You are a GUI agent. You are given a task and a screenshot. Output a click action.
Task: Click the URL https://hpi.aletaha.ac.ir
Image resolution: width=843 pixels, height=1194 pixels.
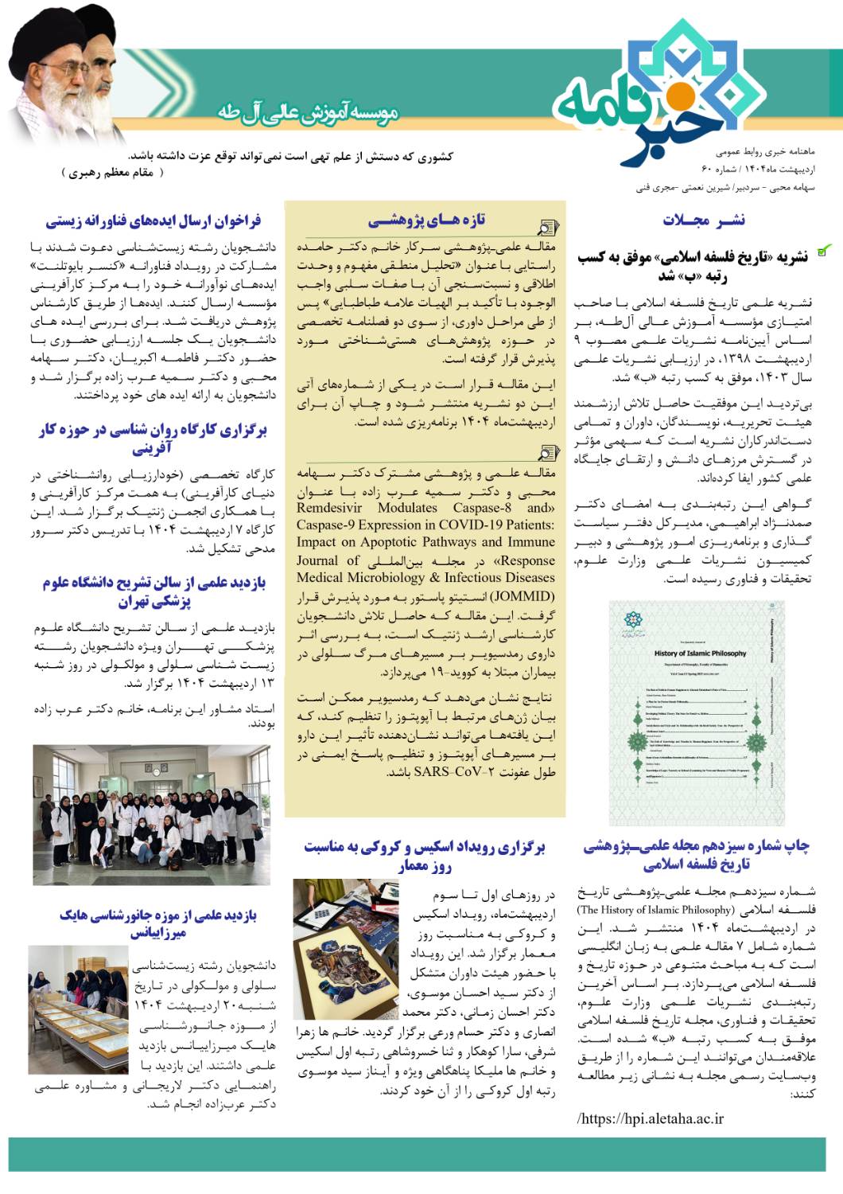point(651,1118)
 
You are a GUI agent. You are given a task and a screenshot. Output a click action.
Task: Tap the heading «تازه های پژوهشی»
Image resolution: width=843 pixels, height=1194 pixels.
point(426,220)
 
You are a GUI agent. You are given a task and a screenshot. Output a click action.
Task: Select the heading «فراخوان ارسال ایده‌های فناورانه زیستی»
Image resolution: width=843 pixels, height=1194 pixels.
point(153,220)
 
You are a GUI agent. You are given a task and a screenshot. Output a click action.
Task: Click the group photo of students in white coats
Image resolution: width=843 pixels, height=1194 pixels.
point(152,815)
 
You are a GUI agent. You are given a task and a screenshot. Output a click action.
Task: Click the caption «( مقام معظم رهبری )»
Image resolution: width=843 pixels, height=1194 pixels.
point(112,173)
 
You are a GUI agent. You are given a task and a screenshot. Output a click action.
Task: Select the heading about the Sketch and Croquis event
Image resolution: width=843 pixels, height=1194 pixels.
point(425,856)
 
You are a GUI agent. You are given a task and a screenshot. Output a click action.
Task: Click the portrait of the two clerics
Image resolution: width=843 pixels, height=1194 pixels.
point(64,76)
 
